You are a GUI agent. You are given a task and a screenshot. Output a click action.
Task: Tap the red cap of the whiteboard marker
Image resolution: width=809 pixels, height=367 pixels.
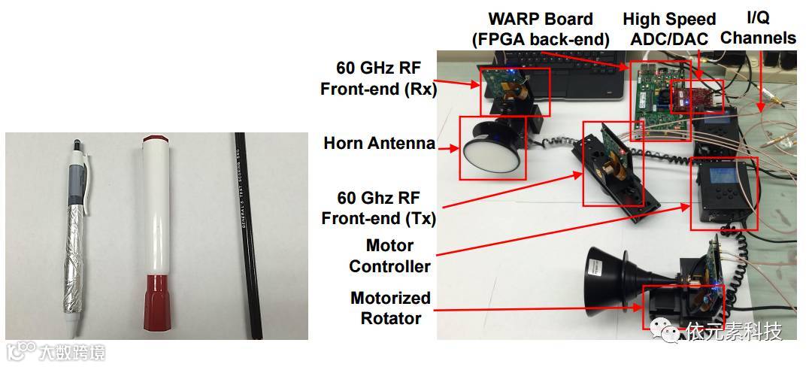tap(153, 141)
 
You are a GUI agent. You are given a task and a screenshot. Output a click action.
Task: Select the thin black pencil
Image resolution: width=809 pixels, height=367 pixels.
tap(246, 233)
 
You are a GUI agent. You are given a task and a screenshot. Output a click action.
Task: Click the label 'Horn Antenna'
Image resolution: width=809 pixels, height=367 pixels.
tap(379, 143)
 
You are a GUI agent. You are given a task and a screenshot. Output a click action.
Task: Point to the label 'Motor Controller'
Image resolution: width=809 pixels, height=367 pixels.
tap(389, 256)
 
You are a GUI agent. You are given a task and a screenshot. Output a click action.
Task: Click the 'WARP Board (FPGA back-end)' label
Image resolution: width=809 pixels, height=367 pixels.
tap(540, 29)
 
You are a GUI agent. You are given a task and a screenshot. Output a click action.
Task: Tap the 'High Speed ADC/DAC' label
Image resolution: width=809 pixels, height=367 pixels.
tap(669, 29)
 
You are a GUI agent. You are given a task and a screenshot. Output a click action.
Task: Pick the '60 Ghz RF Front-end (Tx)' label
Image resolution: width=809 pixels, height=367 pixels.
tap(378, 208)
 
